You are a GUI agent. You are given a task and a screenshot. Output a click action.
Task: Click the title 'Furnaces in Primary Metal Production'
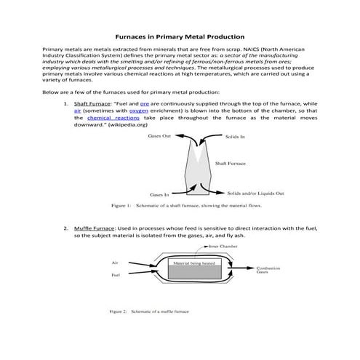coord(180,36)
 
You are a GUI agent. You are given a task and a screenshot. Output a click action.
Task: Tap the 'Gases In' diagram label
coord(159,195)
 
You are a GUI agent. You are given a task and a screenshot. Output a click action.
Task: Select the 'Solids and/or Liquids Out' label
coord(255,193)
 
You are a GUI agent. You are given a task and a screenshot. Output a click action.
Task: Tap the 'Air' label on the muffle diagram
coord(115,263)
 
